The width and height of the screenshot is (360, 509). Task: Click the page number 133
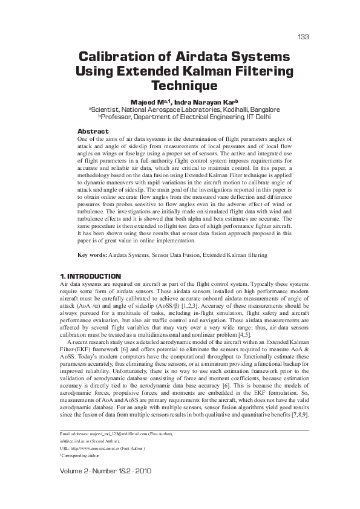pos(304,37)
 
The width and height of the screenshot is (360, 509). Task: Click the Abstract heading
pos(93,131)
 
